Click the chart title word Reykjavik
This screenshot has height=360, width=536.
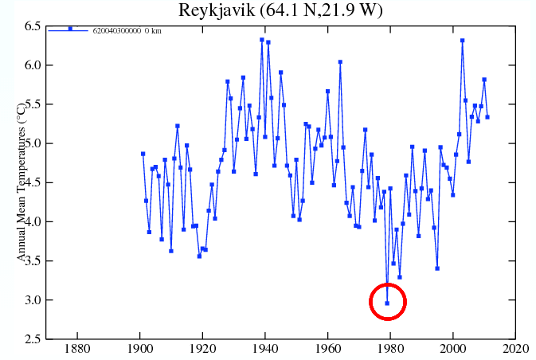(211, 10)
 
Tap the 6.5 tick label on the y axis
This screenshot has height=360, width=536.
(32, 26)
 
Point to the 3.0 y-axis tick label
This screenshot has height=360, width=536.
(32, 300)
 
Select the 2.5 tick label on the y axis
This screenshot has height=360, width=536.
(32, 339)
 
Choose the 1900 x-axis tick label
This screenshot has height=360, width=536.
(140, 350)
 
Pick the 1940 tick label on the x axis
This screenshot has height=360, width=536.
(265, 350)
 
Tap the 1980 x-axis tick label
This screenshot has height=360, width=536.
(390, 350)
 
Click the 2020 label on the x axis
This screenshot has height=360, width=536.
(515, 350)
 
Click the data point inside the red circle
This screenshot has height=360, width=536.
(387, 303)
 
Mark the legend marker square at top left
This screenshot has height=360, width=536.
(70, 29)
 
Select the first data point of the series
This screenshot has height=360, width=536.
(143, 154)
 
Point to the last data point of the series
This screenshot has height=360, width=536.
(487, 117)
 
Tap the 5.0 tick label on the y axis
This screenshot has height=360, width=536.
(32, 144)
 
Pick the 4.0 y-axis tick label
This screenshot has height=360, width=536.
(32, 222)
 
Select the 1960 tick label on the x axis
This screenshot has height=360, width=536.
(328, 350)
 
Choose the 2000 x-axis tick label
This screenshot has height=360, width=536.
(453, 350)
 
